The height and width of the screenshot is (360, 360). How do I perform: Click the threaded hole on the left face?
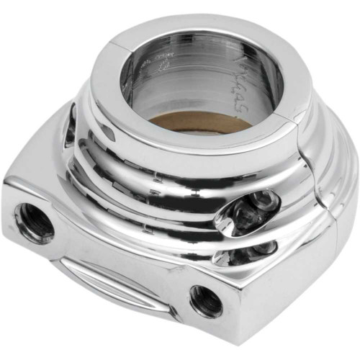tap(34, 221)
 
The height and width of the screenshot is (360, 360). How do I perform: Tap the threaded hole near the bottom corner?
tap(207, 300)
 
